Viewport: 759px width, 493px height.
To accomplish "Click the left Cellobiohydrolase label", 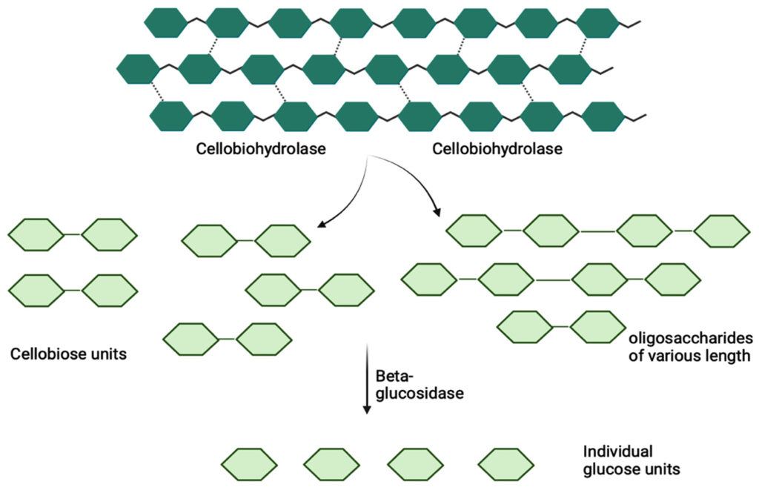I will click(x=262, y=149).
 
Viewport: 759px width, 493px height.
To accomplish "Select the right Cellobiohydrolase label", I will click(x=497, y=149).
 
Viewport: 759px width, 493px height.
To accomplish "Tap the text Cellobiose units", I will click(x=68, y=354).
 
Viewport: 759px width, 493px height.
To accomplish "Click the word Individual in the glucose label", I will click(x=617, y=451).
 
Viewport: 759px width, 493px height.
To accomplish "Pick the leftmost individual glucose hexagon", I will click(x=244, y=465).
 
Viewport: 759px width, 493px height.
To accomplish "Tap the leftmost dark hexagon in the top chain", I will click(x=165, y=23).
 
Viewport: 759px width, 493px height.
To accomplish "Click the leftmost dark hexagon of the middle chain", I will click(x=139, y=69).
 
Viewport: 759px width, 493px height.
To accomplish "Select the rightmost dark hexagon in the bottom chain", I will click(x=604, y=115).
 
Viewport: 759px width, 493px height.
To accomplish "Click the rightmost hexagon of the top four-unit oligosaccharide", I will click(x=720, y=231).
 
